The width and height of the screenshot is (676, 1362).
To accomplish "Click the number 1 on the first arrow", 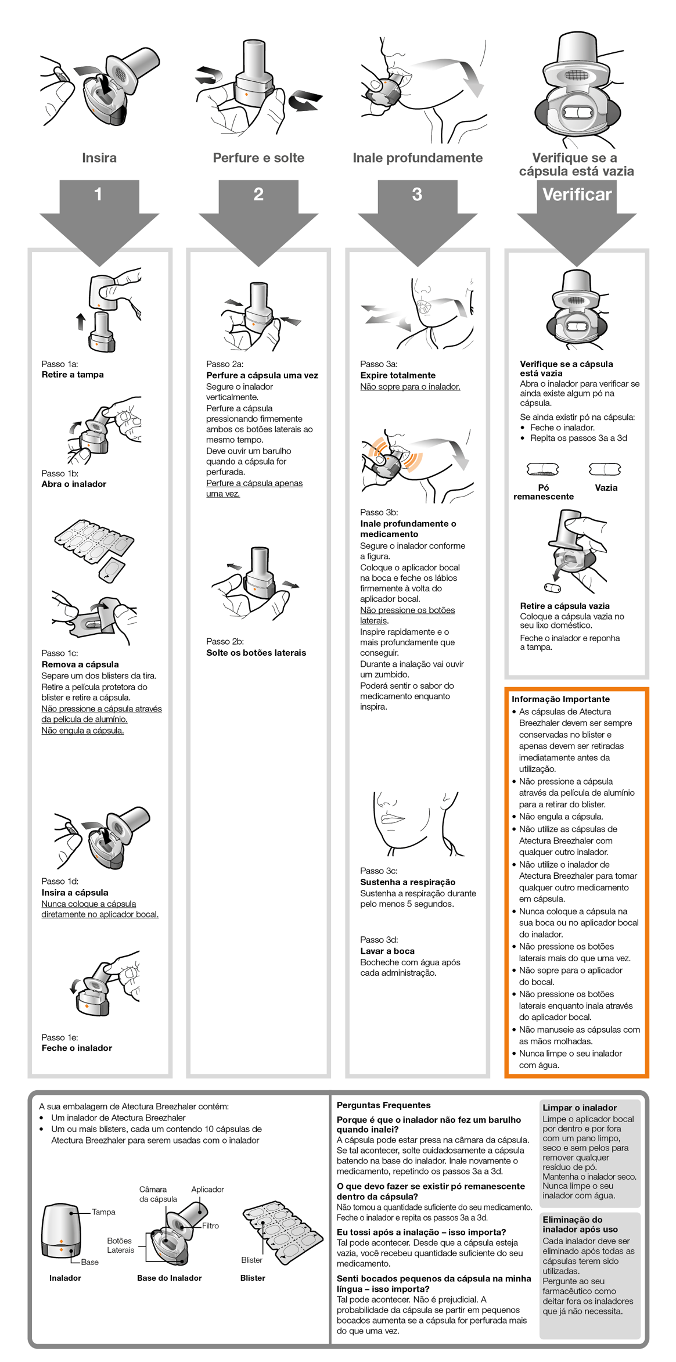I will pos(98,194).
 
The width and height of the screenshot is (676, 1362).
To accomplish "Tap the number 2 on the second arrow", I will pos(258,194).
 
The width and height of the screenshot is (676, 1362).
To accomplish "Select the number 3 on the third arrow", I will pos(417,194).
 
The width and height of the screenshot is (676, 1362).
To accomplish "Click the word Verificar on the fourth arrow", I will pos(577,194).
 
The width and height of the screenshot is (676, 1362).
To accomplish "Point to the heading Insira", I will pos(99,158).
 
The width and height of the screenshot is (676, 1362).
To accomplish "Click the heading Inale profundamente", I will pos(418,158).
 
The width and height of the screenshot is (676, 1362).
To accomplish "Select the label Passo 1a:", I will pos(60,364).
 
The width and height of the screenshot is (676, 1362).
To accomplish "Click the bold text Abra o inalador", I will pos(74,484).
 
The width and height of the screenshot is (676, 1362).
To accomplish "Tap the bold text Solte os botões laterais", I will pos(256,653).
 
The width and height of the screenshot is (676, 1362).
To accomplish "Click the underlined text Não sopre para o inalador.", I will pos(410,387).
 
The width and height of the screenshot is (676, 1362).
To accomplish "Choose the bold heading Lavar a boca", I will pos(387,951).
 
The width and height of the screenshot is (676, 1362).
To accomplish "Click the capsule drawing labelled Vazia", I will pos(605,469).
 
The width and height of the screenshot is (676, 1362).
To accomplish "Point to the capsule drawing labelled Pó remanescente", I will pos(542,469).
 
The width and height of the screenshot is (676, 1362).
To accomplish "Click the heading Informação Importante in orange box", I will pos(560,699).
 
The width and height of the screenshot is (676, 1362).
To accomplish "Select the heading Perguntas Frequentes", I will pos(383,1105).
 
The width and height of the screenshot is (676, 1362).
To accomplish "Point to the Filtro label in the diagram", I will pos(210,1226).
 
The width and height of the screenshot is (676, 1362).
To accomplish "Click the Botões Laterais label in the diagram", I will pos(120,1245).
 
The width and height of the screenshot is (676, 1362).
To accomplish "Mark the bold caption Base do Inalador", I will pos(170,1278).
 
